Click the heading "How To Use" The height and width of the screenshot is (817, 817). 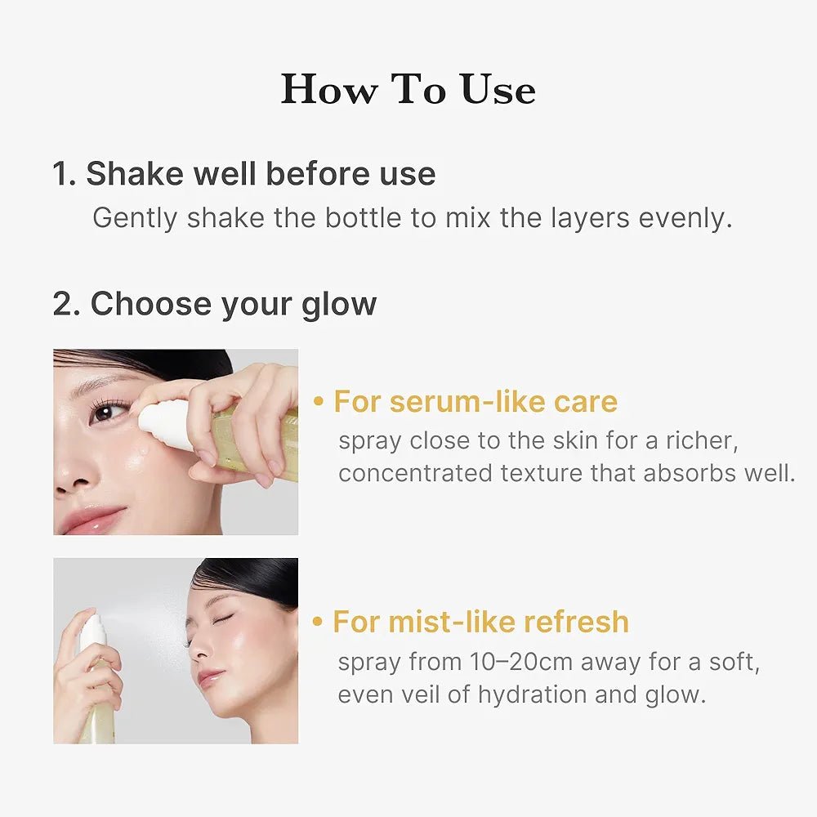point(408,89)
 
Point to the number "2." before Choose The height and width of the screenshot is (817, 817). point(67,304)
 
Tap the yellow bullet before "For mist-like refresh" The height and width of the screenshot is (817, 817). point(318,622)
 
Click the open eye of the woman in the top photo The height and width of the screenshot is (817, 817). point(105,412)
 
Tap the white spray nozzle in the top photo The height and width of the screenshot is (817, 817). point(163,425)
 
